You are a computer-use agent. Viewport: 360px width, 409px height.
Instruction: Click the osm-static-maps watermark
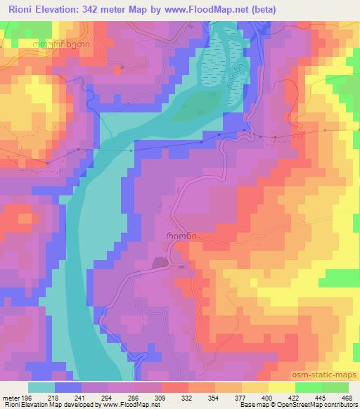click(326, 376)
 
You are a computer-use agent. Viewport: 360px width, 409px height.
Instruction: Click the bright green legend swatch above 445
click(309, 387)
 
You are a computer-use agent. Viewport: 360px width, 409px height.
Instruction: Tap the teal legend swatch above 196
click(41, 387)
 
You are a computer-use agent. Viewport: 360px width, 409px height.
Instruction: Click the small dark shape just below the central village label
click(161, 263)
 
